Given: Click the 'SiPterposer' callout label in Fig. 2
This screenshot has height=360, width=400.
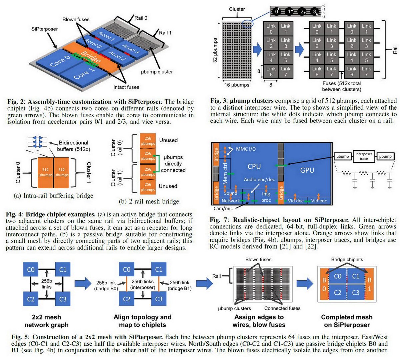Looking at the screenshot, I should pos(44,29).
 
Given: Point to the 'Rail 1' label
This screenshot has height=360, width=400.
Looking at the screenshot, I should pos(165,32).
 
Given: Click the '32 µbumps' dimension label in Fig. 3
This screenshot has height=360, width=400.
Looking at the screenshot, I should pos(215,50).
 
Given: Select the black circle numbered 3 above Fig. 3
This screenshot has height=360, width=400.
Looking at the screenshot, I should pos(314,12).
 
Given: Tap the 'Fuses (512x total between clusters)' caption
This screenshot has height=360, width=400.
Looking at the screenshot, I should pos(341,86).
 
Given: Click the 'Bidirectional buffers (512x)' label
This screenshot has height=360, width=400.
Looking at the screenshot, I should pos(73,146).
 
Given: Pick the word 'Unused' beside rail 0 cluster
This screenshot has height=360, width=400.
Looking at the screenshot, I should pos(168,140).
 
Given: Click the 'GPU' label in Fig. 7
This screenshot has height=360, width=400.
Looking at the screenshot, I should pos(307,170).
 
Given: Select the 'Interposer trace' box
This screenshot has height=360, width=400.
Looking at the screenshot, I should pos(364,156).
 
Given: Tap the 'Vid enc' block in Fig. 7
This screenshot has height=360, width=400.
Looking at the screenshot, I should pos(319,201).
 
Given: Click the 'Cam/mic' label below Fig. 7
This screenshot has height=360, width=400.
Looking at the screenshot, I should pos(223,208).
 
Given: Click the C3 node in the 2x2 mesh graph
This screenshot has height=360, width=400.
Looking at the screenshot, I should pos(63,299).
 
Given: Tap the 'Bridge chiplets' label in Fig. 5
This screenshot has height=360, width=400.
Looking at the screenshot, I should pos(347,259).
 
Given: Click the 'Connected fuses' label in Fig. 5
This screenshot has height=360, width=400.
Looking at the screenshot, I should pos(282,308).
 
